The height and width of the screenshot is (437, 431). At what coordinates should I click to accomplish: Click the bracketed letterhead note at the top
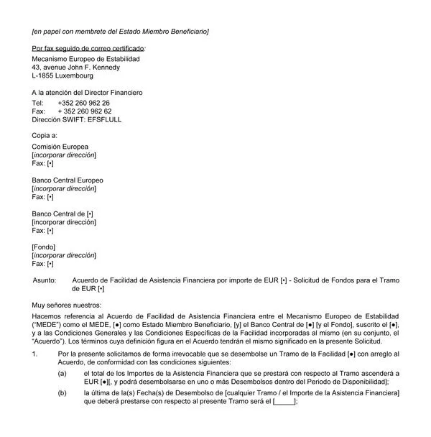pyautogui.click(x=120, y=32)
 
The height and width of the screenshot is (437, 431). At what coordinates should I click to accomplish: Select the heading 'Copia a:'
pyautogui.click(x=45, y=135)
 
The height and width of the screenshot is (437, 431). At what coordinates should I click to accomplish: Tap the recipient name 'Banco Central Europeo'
pyautogui.click(x=68, y=180)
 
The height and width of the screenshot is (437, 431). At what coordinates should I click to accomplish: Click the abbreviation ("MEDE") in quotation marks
pyautogui.click(x=49, y=325)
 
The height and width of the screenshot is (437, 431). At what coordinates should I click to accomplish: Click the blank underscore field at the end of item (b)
pyautogui.click(x=284, y=402)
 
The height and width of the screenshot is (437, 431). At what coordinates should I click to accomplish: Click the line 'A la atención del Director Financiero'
pyautogui.click(x=87, y=92)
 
